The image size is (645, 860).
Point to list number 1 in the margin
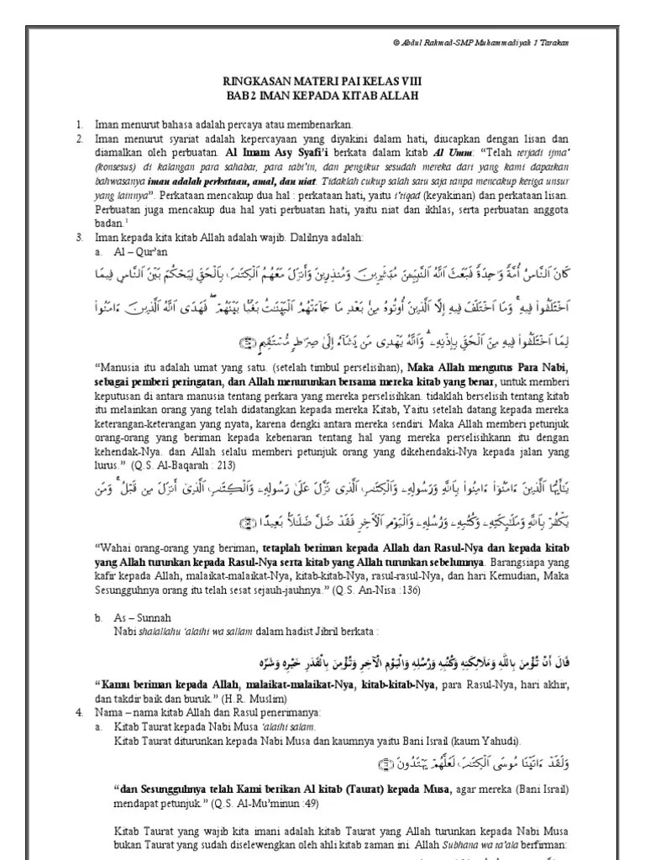coord(79,123)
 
